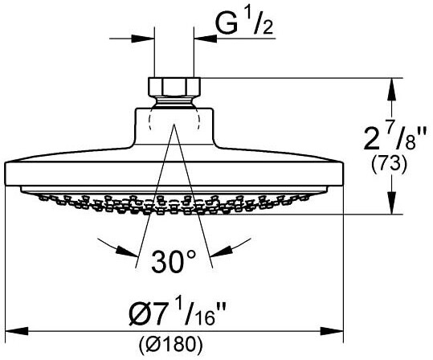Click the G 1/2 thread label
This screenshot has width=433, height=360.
point(244,23)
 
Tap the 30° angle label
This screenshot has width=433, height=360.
point(174,261)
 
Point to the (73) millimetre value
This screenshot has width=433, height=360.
point(389,165)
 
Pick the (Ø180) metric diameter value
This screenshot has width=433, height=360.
point(170,343)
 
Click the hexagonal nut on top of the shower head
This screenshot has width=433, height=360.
point(174,86)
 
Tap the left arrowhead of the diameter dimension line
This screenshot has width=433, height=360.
point(17,330)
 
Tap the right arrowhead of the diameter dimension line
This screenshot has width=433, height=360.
point(332,330)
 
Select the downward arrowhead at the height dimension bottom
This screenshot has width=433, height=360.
point(391,203)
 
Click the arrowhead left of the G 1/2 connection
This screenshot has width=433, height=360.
point(142,39)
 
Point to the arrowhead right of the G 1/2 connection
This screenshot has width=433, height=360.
point(205,39)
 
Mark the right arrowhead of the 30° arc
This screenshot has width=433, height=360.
point(222,252)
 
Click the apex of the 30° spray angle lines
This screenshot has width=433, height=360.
point(174,125)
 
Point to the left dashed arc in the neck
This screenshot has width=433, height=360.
point(150,118)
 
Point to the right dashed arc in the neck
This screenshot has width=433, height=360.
point(197,118)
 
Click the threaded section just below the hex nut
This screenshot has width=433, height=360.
point(174,101)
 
